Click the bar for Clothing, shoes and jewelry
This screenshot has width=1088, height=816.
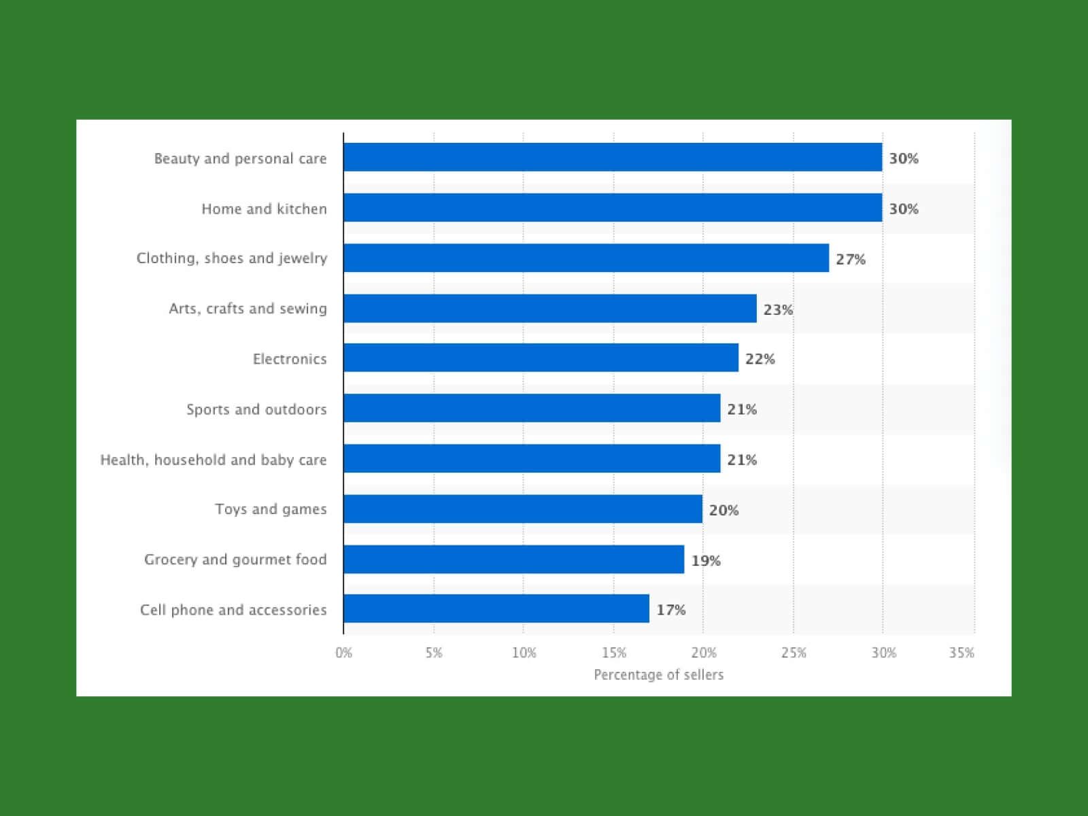point(586,258)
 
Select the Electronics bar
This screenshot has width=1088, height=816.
point(541,358)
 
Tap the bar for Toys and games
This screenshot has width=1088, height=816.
point(523,509)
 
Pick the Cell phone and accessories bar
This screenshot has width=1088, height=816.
point(496,609)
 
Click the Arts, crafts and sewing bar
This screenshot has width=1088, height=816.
point(550,308)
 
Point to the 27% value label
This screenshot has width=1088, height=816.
point(851,259)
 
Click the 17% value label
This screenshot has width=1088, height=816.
point(671,610)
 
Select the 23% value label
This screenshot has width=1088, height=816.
point(778,309)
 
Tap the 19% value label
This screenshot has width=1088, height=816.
point(706,560)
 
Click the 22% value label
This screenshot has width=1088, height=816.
point(760,359)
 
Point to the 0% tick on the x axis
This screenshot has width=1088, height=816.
point(344,653)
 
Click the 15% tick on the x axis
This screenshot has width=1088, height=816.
point(614,653)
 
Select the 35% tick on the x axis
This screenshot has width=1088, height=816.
point(962,653)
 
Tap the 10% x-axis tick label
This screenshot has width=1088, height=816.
point(524,653)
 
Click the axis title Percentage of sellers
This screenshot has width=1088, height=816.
point(658,675)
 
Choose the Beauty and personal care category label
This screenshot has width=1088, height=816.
point(240,158)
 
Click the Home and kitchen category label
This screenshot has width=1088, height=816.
point(264,209)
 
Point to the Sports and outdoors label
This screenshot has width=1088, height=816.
point(256,409)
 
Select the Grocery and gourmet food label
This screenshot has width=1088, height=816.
point(235,560)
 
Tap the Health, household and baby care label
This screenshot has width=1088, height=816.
point(214,460)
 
